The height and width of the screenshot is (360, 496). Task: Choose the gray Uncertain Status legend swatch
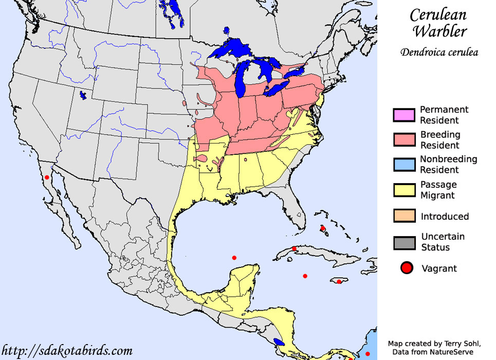click(403, 242)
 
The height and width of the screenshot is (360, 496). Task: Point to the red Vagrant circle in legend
click(407, 268)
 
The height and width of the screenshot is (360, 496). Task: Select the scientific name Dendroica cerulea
click(439, 52)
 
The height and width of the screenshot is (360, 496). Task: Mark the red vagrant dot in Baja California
click(47, 177)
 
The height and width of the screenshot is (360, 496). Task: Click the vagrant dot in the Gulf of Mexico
click(234, 258)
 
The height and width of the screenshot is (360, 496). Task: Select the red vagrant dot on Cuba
click(293, 249)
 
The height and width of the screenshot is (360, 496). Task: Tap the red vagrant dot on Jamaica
click(339, 282)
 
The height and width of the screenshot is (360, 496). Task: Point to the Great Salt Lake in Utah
click(82, 96)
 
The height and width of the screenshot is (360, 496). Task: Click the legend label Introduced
click(445, 217)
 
